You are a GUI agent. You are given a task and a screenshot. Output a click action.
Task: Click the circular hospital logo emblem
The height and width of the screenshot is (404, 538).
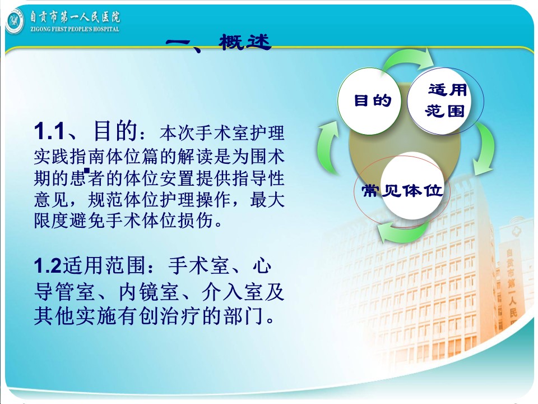(15, 21)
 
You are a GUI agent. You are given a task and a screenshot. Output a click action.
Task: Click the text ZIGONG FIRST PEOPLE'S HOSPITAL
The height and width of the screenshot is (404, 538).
(75, 29)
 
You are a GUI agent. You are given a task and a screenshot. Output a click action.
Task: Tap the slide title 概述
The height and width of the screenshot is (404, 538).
(245, 42)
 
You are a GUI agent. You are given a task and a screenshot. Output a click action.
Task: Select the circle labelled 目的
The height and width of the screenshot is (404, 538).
(369, 101)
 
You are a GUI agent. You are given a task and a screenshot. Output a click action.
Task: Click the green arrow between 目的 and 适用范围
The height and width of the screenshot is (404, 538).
(409, 58)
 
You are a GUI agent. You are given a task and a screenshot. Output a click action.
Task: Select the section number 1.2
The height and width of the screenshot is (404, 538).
(48, 265)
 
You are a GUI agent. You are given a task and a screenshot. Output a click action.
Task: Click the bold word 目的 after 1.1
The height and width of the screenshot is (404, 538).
(115, 131)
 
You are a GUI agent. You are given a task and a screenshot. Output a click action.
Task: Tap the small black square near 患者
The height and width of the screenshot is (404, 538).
(87, 170)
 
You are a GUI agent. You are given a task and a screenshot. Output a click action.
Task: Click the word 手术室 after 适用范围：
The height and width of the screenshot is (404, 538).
(198, 265)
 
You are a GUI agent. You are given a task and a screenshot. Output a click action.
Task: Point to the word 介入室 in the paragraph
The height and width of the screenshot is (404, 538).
(232, 292)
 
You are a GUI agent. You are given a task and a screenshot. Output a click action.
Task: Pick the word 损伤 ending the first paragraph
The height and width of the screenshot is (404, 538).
(195, 220)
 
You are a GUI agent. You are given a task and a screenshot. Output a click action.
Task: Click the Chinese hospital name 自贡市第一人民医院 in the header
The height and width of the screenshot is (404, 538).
(75, 17)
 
